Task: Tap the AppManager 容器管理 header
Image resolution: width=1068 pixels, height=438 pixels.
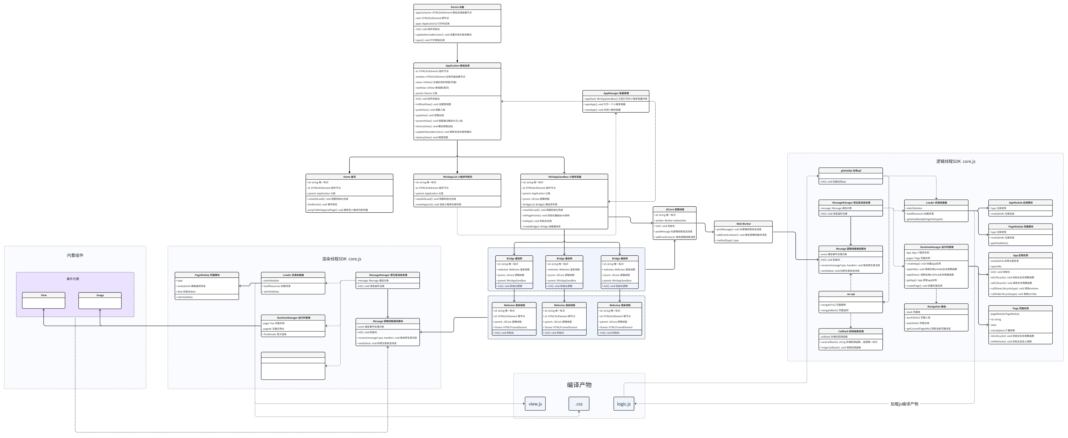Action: pos(616,93)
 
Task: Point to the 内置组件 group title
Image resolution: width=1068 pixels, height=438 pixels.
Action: pos(75,255)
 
